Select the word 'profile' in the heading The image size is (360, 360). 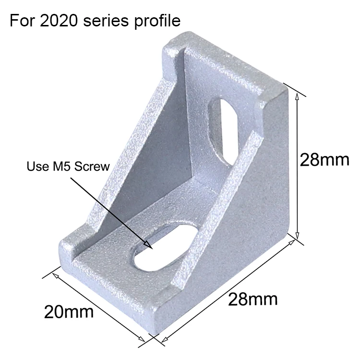(157, 21)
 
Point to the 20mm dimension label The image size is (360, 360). (69, 312)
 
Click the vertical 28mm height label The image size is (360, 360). (324, 160)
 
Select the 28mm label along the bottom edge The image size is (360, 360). (252, 299)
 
